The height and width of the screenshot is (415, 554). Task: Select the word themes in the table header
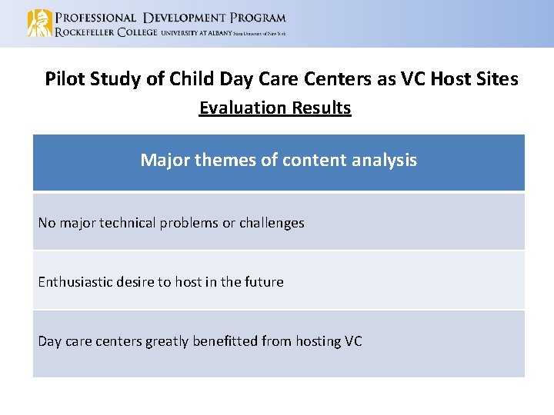coord(223,161)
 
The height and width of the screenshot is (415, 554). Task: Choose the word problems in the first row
coord(190,224)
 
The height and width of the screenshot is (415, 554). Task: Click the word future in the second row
coord(264,282)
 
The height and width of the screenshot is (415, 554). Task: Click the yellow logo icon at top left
coord(39,23)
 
